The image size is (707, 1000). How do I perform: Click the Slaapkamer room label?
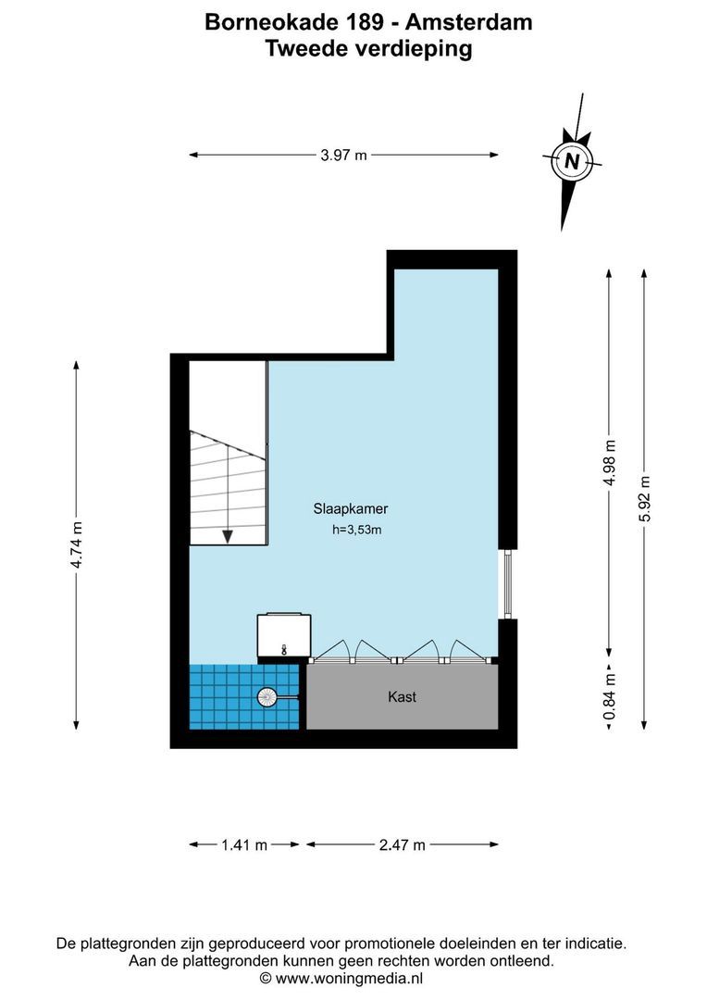(x=350, y=508)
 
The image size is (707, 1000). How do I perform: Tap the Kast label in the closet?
(x=402, y=696)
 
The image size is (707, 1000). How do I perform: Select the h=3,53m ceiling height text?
(x=357, y=531)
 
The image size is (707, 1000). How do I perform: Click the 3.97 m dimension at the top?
(x=343, y=156)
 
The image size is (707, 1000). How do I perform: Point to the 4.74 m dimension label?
(x=77, y=546)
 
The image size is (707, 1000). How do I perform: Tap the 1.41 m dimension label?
(x=244, y=844)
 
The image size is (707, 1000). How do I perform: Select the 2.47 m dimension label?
(x=402, y=844)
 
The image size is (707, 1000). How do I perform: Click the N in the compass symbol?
(x=572, y=161)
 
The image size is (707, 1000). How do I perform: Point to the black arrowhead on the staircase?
(x=227, y=537)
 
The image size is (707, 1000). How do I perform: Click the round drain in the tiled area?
(x=267, y=697)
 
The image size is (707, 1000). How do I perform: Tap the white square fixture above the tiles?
(x=284, y=636)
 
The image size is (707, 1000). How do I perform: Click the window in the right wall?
(x=504, y=584)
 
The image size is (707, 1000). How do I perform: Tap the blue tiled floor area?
(x=222, y=699)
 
